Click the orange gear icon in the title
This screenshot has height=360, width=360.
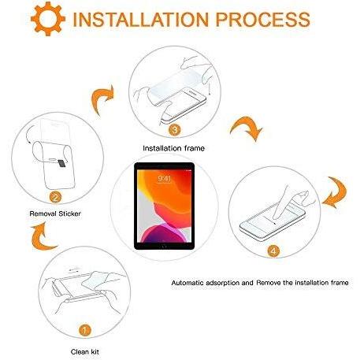point(48,19)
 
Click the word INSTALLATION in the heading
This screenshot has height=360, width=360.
point(140,19)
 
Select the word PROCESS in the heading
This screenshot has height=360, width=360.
point(263,19)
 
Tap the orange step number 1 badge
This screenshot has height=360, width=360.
point(84,330)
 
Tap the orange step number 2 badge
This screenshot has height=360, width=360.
point(55,198)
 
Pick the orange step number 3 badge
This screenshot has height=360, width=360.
point(175,130)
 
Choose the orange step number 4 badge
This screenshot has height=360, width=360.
point(273,251)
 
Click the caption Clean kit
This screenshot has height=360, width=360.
point(85,351)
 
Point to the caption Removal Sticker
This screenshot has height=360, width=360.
point(55,213)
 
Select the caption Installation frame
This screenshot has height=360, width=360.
point(173,148)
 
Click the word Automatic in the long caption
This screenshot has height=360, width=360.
point(187,283)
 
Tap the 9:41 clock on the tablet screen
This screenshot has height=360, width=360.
point(165,179)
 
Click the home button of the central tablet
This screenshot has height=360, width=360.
point(165,246)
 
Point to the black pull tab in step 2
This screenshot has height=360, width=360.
point(62,163)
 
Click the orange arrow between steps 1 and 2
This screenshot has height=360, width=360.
point(41,236)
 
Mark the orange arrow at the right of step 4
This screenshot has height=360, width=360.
point(336,192)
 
